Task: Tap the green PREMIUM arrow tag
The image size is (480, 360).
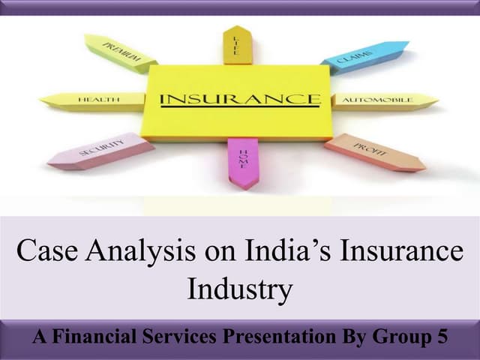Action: pos(121,52)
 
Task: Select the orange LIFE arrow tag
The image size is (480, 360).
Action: pos(237,44)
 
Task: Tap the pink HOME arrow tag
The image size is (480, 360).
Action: pos(242,161)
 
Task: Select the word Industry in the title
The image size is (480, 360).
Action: pos(239,289)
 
